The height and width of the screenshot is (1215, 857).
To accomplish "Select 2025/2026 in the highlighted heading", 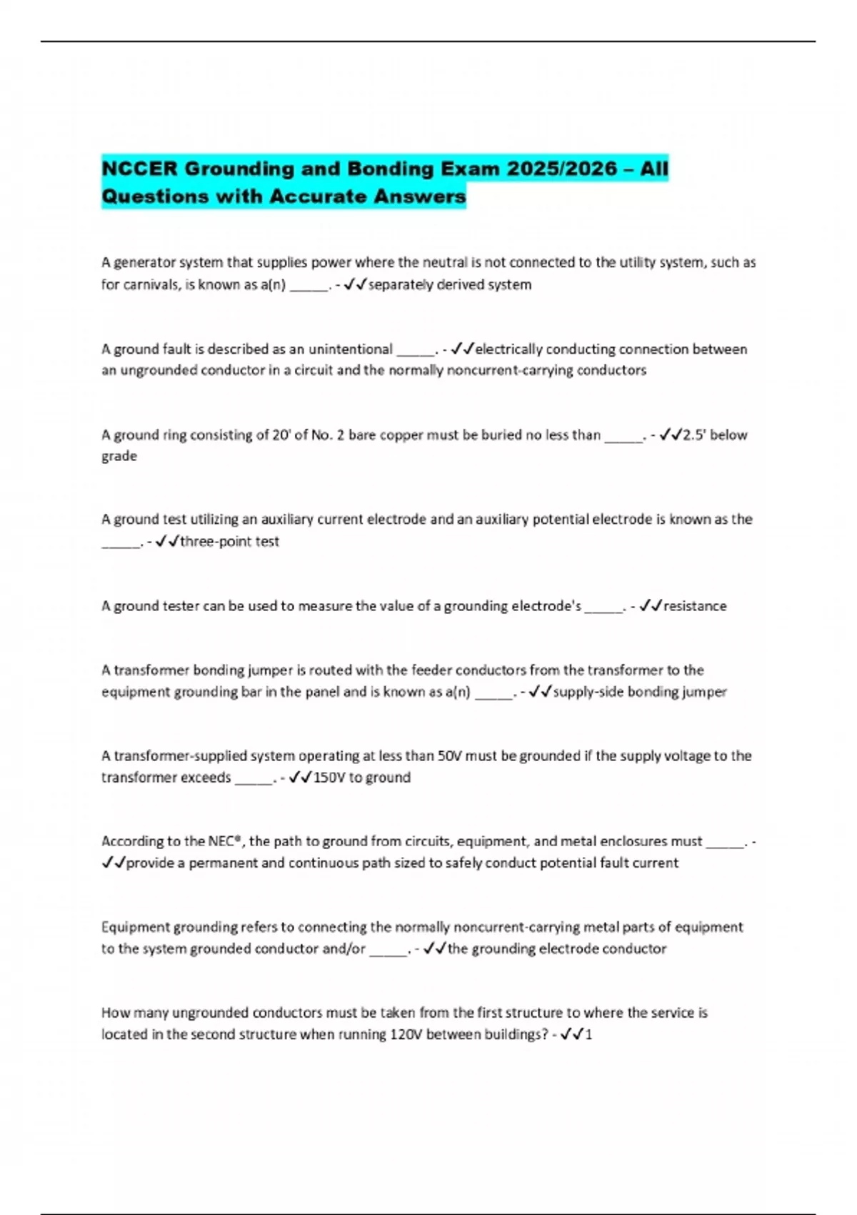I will tap(562, 169).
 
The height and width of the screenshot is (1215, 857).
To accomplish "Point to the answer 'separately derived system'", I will tap(449, 284).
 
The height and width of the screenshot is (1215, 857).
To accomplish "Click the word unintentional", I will tap(350, 349).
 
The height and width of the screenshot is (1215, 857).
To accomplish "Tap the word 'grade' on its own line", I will tap(119, 456).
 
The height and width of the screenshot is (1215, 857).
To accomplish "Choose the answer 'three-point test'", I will tap(229, 542).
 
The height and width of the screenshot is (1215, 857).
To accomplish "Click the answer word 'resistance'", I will tap(695, 606).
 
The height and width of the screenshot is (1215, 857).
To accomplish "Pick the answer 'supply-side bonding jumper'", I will tap(640, 692).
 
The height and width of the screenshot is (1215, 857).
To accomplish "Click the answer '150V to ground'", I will tap(362, 778).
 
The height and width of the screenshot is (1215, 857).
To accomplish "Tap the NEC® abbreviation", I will tap(226, 841).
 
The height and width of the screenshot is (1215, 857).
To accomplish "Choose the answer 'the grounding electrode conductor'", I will tap(557, 948).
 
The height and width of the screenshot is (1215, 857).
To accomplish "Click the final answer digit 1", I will tap(588, 1034).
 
